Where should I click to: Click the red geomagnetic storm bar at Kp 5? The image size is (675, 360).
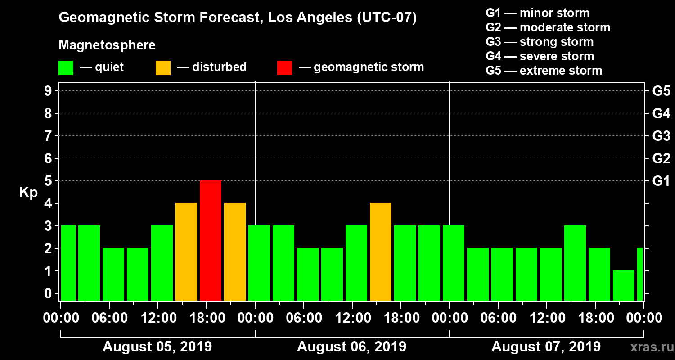point(211,240)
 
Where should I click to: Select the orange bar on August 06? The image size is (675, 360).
point(381,252)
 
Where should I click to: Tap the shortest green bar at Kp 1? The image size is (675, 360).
point(624,285)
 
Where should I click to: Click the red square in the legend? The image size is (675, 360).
point(284,67)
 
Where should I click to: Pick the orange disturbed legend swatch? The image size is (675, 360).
point(163,67)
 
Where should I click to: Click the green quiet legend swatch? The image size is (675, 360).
point(66,67)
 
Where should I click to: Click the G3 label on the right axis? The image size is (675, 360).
point(661,136)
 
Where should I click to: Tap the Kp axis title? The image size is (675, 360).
point(28,192)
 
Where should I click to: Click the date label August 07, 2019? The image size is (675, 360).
point(546,346)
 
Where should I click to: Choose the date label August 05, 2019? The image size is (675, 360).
point(157,346)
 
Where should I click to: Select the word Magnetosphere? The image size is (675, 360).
point(107,45)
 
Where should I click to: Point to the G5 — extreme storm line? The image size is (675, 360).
point(544,71)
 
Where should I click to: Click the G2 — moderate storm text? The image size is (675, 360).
point(548,27)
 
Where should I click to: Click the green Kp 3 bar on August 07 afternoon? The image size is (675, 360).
point(575,263)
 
